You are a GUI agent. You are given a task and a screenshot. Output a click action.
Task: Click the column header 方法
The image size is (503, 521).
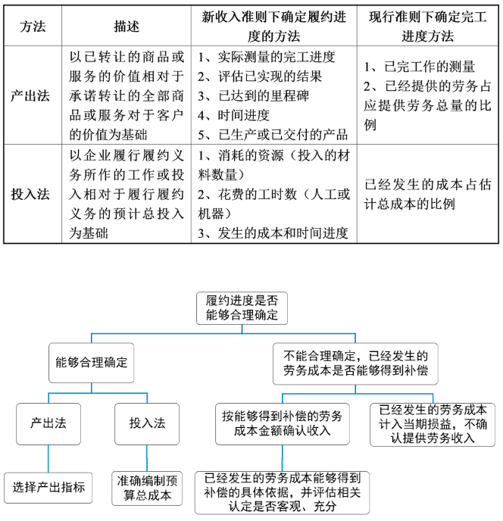click(33, 26)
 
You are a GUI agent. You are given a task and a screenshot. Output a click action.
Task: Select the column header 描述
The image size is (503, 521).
click(127, 26)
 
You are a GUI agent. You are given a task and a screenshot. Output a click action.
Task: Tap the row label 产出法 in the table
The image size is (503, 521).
click(33, 96)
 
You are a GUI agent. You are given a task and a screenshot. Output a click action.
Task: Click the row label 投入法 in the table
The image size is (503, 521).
click(33, 193)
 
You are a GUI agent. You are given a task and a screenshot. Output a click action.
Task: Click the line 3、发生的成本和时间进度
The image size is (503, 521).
click(273, 232)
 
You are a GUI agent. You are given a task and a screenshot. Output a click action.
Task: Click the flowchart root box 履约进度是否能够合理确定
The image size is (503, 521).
click(242, 308)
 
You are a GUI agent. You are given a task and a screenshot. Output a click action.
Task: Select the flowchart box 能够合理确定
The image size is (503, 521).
click(92, 363)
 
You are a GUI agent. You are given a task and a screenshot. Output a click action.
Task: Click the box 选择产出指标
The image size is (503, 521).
click(48, 487)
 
